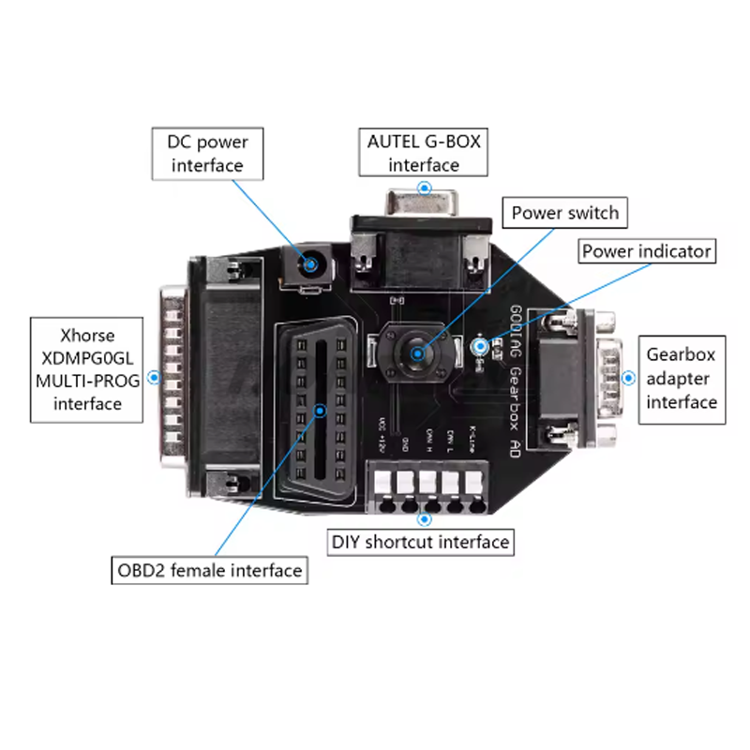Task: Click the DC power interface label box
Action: (206, 154)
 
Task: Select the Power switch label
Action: (565, 213)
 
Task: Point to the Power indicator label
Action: (647, 251)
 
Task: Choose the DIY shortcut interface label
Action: (420, 542)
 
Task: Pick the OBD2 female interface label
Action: (209, 570)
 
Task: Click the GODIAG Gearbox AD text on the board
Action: (517, 375)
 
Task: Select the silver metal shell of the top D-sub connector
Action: (421, 202)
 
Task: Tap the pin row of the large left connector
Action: (172, 380)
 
